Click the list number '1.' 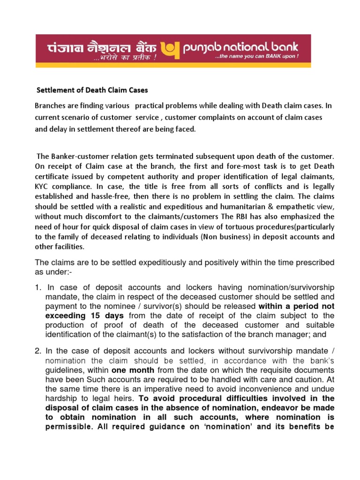[x=38, y=287]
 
